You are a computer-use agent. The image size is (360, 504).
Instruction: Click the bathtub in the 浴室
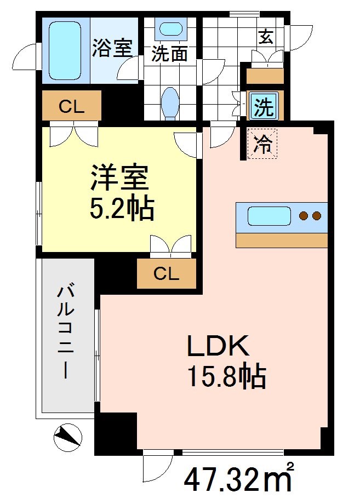point(65,49)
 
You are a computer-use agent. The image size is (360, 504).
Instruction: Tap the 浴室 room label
point(112,48)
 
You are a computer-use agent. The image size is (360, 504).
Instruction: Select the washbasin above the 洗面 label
point(170,29)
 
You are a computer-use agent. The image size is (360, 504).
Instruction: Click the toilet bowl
point(170,103)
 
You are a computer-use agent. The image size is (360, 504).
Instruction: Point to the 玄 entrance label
point(266,37)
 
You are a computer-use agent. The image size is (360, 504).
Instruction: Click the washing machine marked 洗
point(265,106)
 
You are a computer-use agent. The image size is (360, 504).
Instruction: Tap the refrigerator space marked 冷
point(262,144)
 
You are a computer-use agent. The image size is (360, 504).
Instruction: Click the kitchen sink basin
point(268,216)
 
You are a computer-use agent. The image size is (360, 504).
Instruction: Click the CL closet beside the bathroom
point(72,106)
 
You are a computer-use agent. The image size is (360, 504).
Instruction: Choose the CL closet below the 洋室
point(166,274)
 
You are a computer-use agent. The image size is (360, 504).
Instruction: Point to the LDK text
point(219,347)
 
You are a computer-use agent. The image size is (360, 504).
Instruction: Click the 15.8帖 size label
point(226,376)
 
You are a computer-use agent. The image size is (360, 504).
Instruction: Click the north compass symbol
point(68,437)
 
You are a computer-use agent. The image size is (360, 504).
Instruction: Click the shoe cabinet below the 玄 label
point(265,75)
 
